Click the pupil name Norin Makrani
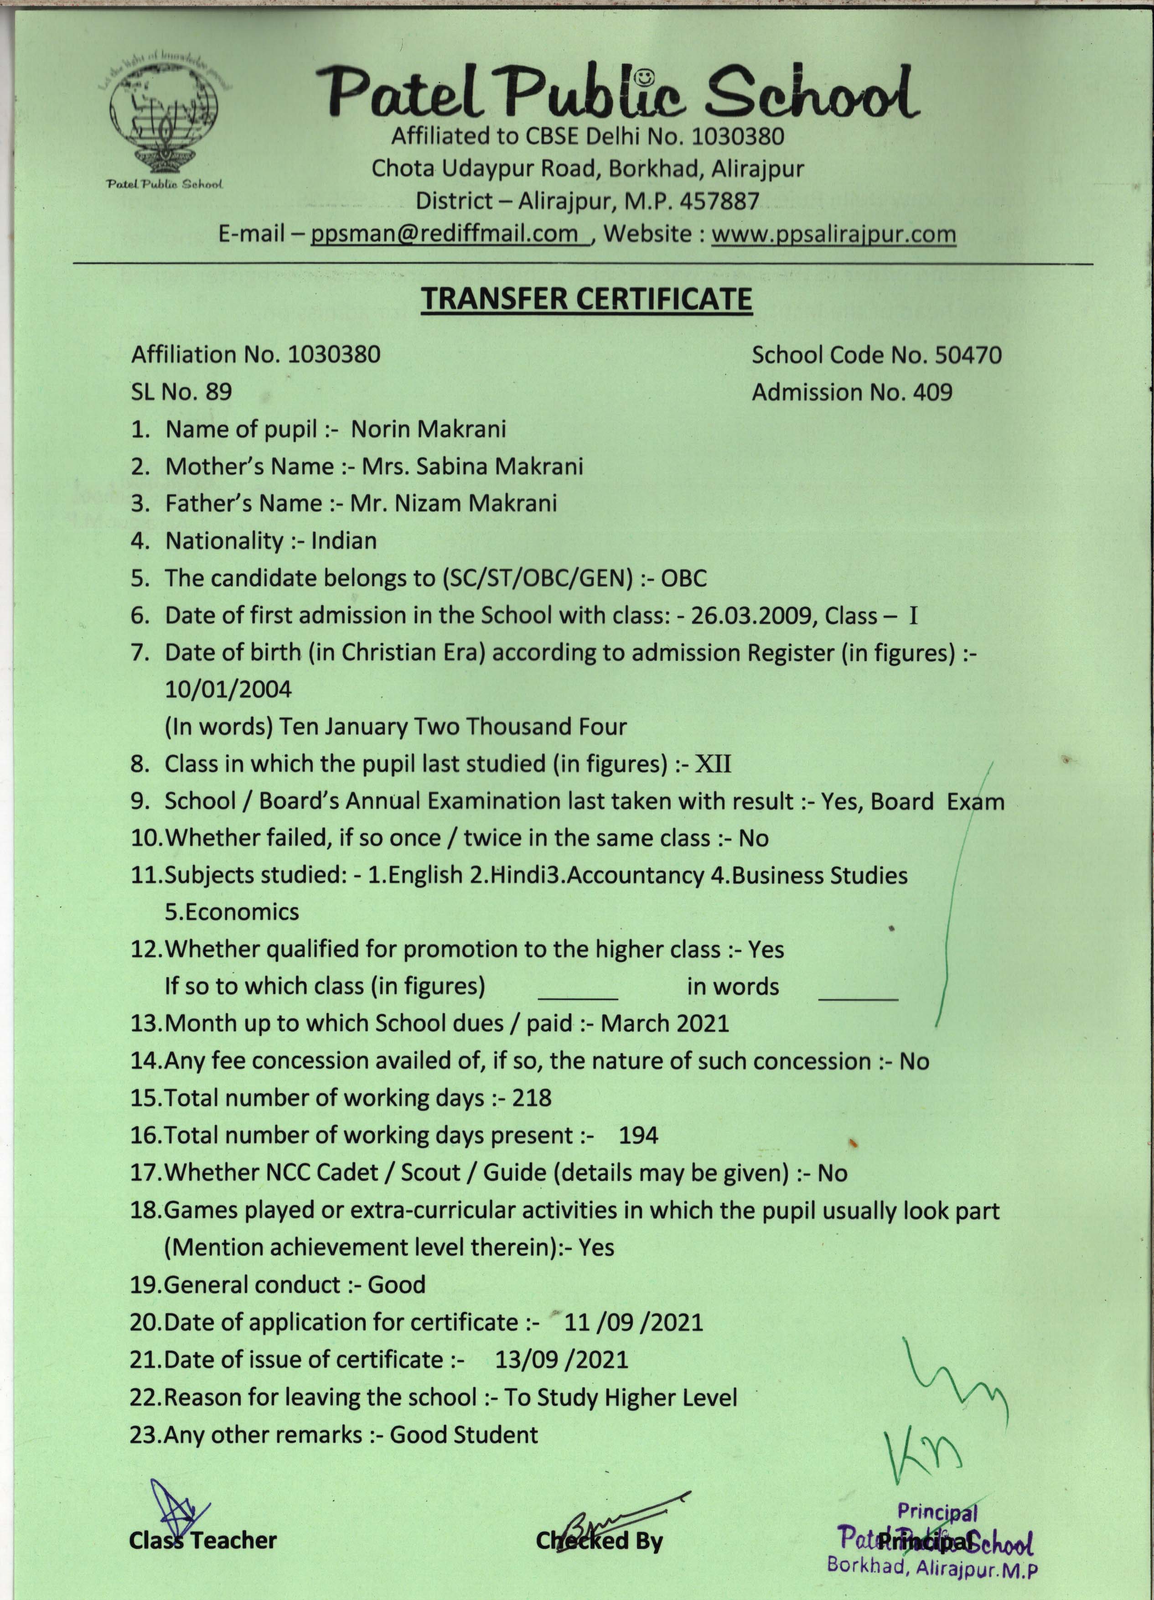click(428, 429)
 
